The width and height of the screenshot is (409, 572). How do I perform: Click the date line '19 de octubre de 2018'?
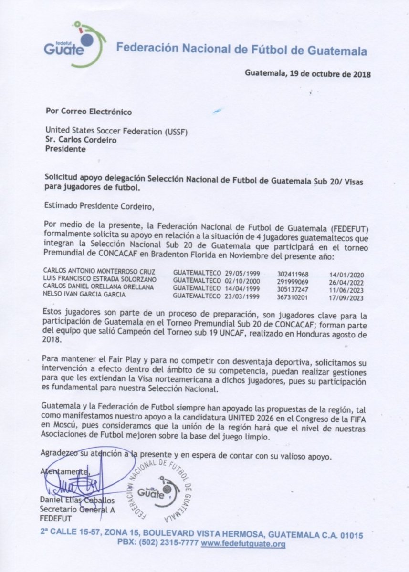(307, 74)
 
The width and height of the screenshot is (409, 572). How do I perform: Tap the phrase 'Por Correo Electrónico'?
(88, 112)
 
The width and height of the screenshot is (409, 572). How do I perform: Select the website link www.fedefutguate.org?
(243, 544)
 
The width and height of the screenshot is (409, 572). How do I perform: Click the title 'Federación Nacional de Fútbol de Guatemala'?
(242, 49)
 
